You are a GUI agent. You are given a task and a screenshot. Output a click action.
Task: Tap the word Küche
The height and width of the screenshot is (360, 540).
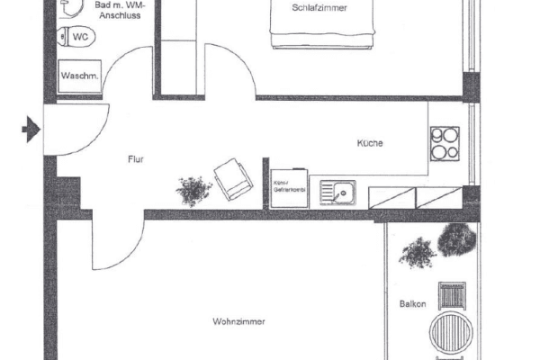(370, 143)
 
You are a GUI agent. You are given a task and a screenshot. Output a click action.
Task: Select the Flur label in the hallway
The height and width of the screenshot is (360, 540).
(135, 160)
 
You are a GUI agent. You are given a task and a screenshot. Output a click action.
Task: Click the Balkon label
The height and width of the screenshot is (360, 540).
(412, 303)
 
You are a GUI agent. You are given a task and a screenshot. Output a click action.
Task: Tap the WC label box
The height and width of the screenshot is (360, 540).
(81, 38)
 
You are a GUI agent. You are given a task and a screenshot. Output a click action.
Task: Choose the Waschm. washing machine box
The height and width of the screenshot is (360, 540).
(80, 76)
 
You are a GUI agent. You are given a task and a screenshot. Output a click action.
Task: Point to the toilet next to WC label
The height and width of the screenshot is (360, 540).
(60, 38)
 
